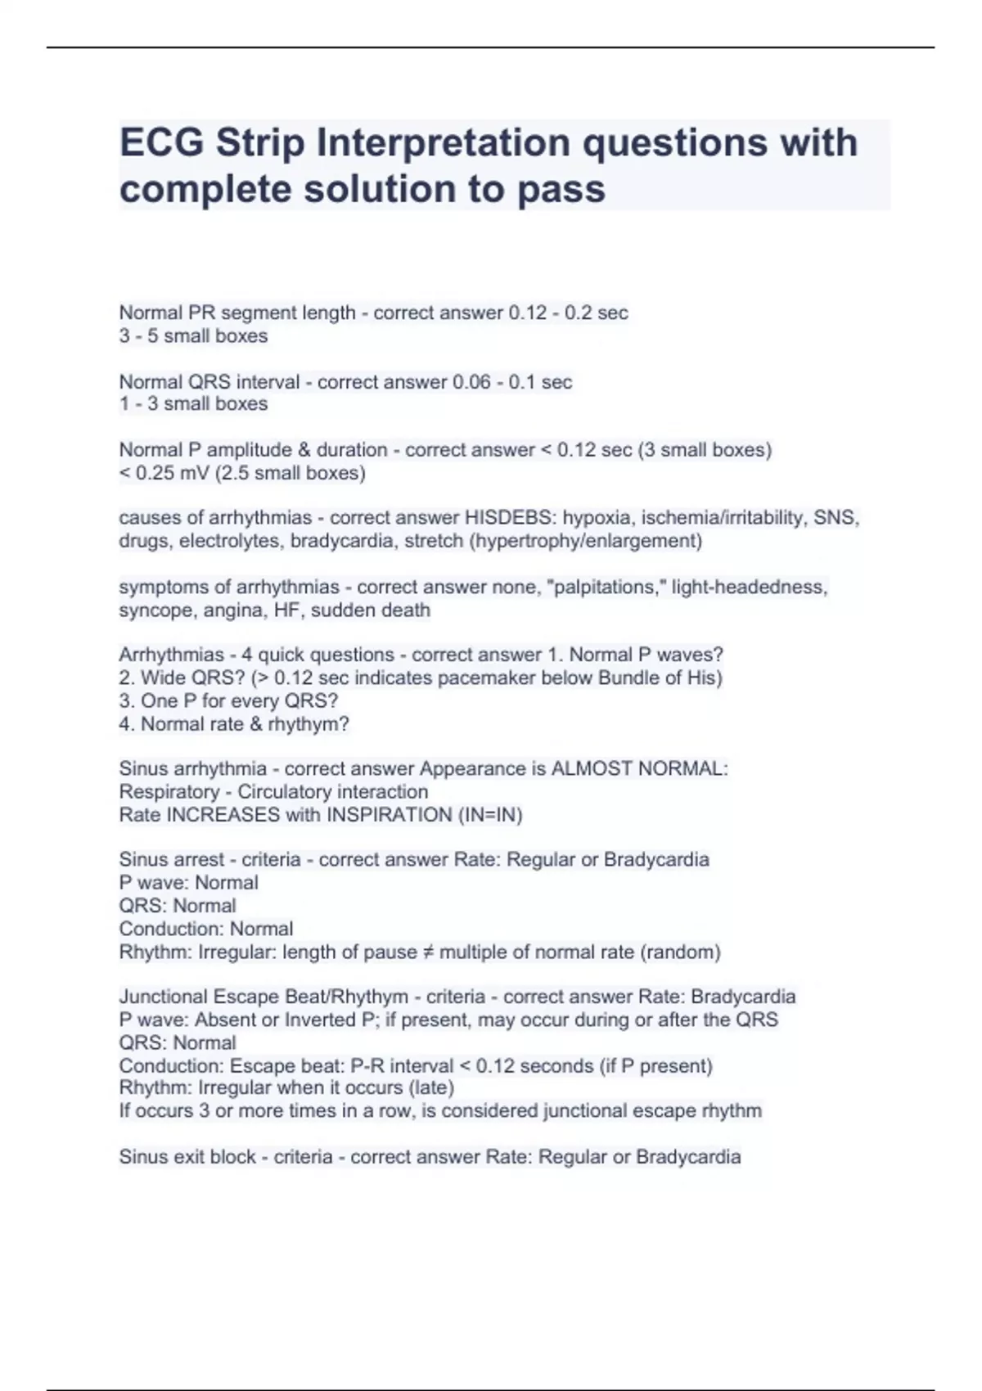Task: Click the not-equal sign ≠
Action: (426, 952)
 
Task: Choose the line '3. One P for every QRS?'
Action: (228, 701)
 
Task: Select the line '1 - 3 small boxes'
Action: (193, 404)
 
